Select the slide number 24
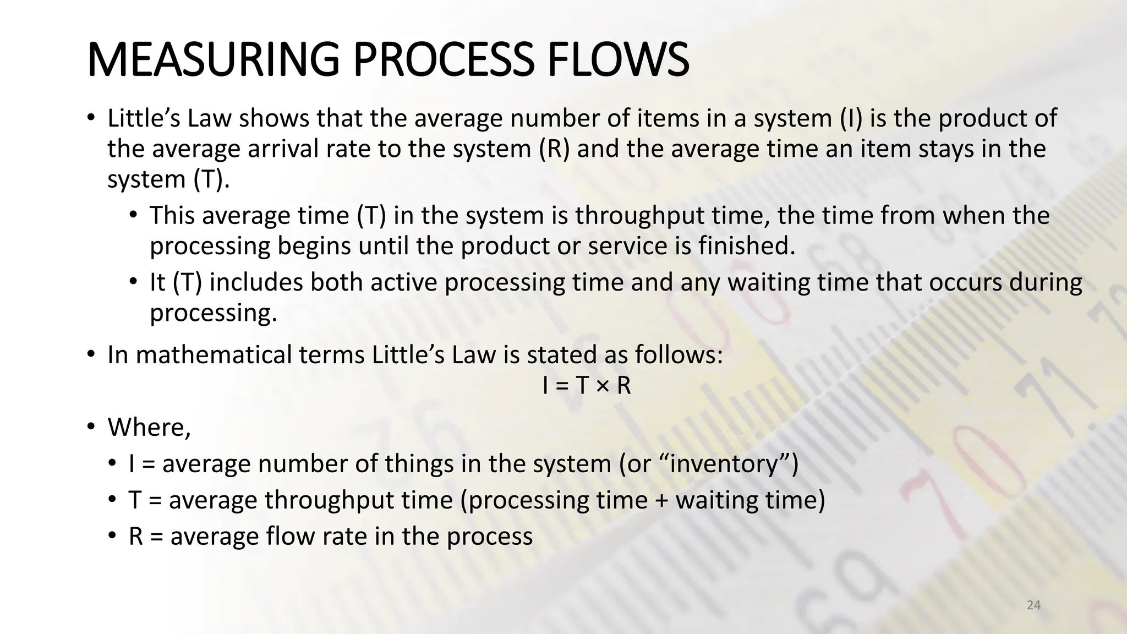tap(1033, 605)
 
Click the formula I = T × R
tap(586, 385)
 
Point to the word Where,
tap(149, 427)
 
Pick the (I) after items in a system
tap(851, 118)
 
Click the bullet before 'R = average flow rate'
tap(112, 535)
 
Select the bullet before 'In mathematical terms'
tap(91, 354)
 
